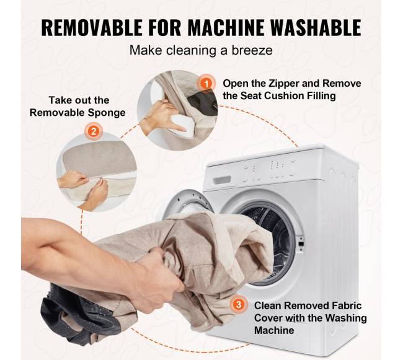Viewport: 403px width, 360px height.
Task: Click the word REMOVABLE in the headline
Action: click(92, 27)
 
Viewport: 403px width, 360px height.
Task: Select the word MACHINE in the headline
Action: click(226, 27)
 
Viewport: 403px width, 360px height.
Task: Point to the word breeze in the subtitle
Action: click(252, 50)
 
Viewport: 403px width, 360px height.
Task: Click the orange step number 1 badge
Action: click(206, 83)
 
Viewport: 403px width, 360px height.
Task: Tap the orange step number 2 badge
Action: click(94, 131)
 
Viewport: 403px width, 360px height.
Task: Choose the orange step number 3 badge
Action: click(239, 304)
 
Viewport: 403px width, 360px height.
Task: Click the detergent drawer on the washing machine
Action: click(222, 180)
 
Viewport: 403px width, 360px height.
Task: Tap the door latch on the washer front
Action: click(301, 244)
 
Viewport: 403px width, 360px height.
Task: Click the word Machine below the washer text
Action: click(274, 330)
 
